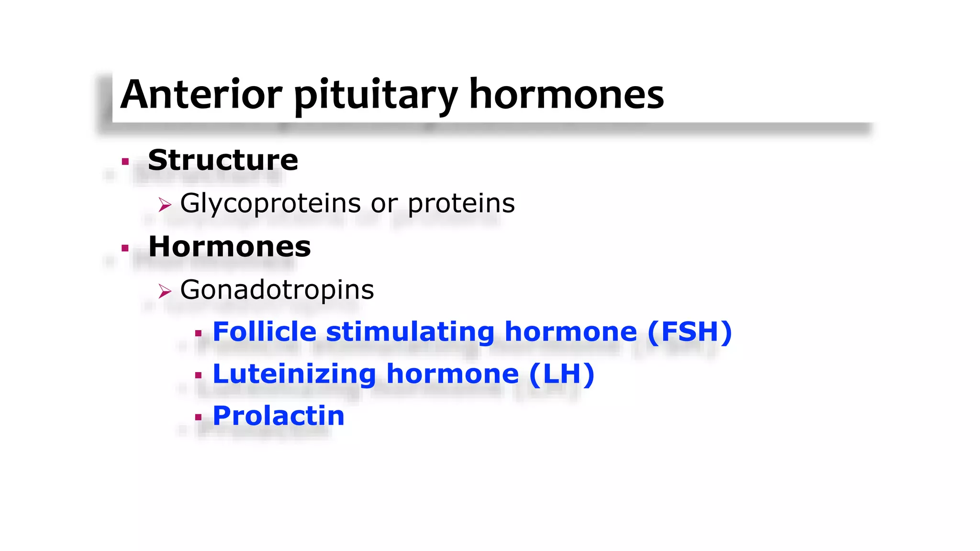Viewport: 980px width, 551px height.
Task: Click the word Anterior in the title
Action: [201, 94]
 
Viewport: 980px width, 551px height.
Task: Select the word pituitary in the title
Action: [376, 96]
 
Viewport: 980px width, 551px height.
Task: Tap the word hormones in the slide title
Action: [567, 94]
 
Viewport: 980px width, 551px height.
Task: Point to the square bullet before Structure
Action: [125, 162]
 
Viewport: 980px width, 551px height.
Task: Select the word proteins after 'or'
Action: [461, 204]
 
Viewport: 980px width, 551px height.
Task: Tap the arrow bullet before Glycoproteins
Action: [165, 205]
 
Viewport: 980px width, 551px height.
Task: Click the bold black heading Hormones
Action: [230, 247]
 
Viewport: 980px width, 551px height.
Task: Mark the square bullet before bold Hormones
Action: [125, 248]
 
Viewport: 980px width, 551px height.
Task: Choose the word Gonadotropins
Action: [277, 290]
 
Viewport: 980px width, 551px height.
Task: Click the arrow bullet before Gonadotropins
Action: [165, 291]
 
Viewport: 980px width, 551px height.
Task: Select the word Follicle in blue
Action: [265, 331]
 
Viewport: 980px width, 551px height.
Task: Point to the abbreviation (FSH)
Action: [690, 331]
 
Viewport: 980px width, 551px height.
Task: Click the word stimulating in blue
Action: [410, 332]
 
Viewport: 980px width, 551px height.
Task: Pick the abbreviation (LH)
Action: [562, 374]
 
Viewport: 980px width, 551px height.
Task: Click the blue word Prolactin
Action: [278, 416]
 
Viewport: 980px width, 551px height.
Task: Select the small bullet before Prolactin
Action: [198, 417]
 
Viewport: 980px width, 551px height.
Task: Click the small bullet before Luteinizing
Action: [198, 375]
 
